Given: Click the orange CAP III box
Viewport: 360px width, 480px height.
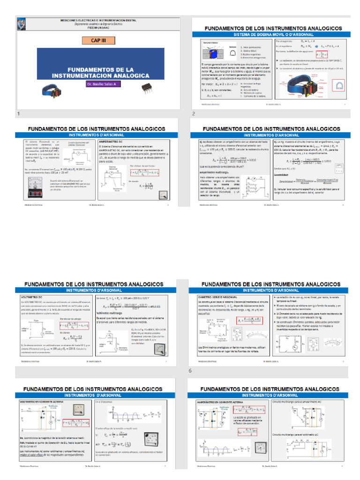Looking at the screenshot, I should (x=98, y=41).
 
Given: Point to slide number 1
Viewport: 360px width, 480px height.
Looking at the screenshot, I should (x=18, y=114).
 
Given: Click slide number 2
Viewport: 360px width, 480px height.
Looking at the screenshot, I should (x=193, y=114).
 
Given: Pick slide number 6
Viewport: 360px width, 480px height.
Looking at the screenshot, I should (x=190, y=358).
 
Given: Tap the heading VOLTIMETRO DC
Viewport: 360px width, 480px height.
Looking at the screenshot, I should (x=31, y=297).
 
